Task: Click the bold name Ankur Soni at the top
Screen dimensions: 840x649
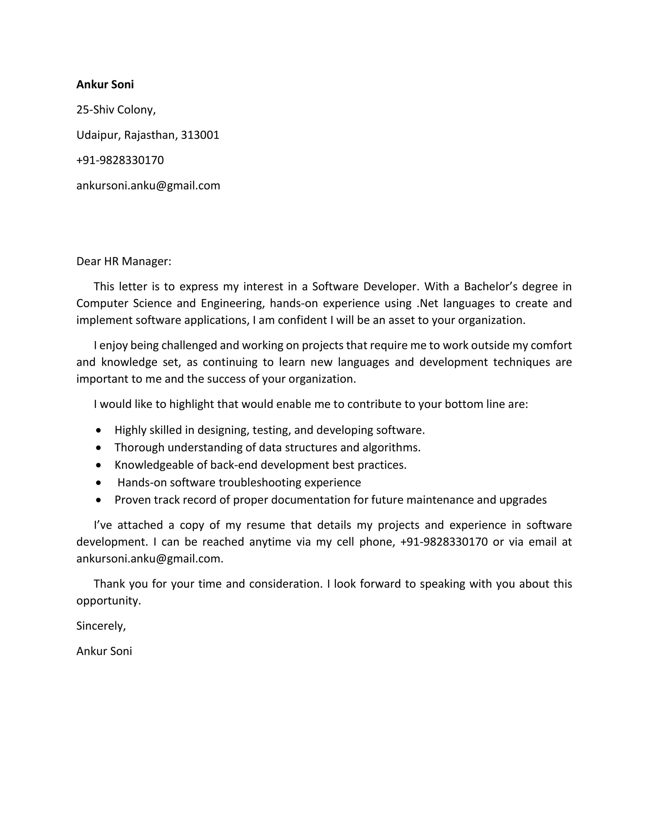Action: [x=105, y=85]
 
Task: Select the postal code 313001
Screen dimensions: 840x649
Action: [x=200, y=135]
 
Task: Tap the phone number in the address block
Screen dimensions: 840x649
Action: [x=120, y=160]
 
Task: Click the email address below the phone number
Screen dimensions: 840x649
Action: [x=148, y=185]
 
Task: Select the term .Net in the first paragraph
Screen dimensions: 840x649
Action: [x=427, y=303]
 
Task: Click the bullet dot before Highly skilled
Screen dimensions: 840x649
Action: [x=99, y=430]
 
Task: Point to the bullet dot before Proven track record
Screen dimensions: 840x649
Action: [x=99, y=500]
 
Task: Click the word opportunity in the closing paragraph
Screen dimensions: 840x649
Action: [x=108, y=601]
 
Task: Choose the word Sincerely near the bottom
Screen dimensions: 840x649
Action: [x=100, y=626]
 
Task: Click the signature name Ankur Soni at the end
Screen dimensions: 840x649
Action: [x=104, y=651]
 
